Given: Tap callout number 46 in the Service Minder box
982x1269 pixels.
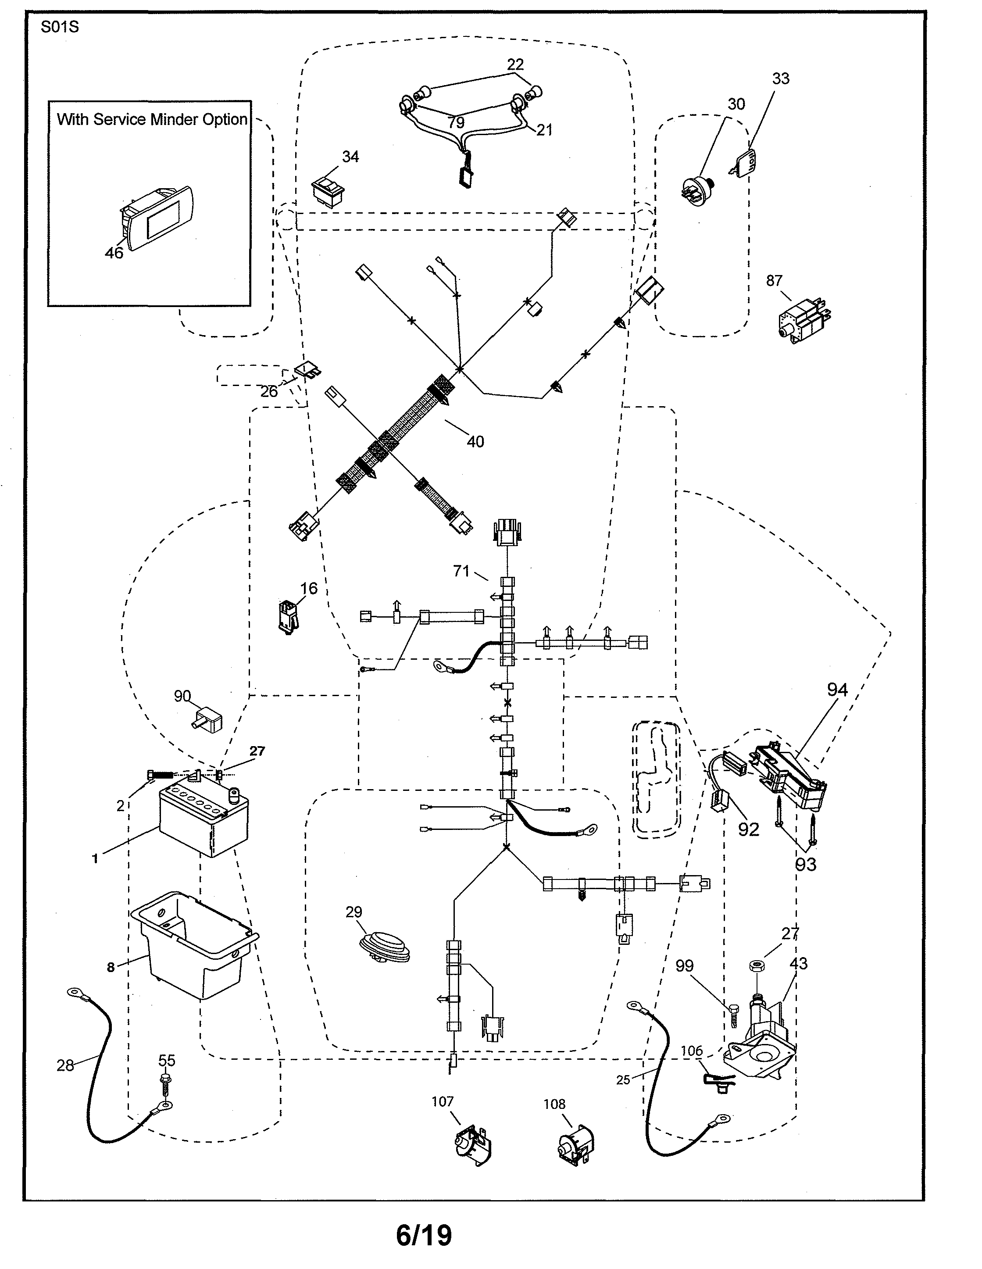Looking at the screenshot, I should coord(114,253).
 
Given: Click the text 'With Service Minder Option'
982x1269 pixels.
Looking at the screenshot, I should coord(152,119).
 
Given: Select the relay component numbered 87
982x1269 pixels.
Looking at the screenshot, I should coord(804,317).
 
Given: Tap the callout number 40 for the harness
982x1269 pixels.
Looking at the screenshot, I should coord(475,442).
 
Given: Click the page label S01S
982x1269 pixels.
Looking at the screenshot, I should coord(59,27).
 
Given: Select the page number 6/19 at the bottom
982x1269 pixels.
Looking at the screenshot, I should coord(424,1235).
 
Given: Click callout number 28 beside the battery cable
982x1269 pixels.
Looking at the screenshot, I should coord(65,1065).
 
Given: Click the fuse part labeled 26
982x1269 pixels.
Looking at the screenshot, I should coord(308,370).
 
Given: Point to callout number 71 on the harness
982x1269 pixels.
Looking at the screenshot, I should coord(461,571).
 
